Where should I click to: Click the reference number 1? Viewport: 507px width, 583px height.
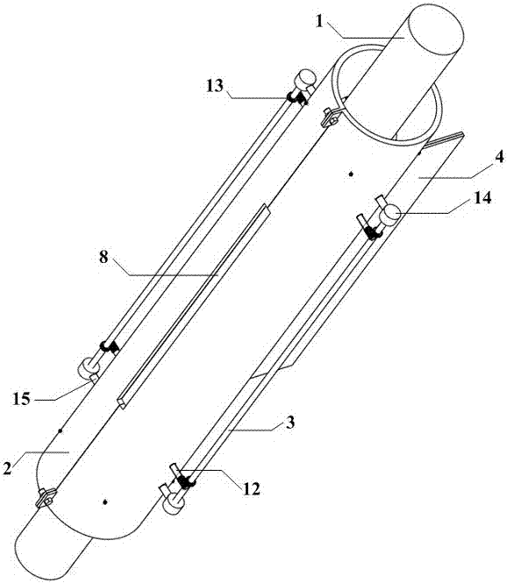tap(318, 21)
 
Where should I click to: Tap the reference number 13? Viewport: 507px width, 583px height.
tap(216, 86)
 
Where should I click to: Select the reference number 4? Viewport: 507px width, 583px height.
tap(499, 157)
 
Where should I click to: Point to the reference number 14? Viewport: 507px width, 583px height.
tap(482, 198)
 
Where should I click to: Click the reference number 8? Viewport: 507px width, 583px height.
tap(104, 257)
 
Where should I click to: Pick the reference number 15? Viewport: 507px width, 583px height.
tap(22, 399)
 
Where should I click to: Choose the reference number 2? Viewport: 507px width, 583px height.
tap(7, 468)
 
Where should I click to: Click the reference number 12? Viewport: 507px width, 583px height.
tap(251, 488)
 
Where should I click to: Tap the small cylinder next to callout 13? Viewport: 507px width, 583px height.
tap(305, 79)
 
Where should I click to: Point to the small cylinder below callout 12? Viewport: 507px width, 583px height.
tap(175, 503)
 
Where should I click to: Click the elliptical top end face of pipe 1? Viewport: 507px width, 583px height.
tap(436, 32)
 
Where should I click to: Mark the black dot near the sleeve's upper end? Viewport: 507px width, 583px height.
tap(350, 174)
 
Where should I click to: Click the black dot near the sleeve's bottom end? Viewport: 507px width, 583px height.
tap(105, 502)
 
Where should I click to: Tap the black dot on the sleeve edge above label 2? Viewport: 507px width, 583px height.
tap(60, 430)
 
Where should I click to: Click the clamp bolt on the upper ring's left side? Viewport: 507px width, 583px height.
tap(331, 117)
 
